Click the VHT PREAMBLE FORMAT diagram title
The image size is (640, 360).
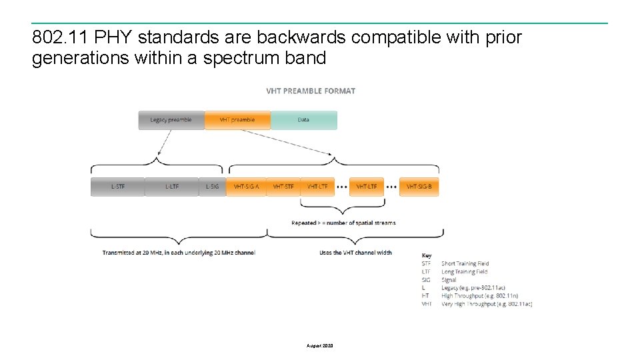tap(311, 91)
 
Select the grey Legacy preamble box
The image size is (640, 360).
tap(171, 120)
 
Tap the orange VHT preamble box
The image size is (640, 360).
tap(237, 120)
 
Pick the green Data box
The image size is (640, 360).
tap(304, 120)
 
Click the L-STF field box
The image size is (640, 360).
tap(117, 187)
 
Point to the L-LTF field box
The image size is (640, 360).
tap(171, 187)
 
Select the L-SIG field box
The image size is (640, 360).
tap(212, 187)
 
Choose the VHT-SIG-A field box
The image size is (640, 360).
tap(246, 187)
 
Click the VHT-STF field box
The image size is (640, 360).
tap(283, 187)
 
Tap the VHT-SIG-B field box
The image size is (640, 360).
tap(419, 187)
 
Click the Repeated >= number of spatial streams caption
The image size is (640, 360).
tap(343, 223)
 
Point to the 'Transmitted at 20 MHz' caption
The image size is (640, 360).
tap(179, 253)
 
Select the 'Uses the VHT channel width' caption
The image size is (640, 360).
tap(355, 253)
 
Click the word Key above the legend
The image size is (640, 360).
tap(427, 255)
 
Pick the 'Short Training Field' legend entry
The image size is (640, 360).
tap(465, 264)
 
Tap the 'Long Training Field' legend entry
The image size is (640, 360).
tap(464, 272)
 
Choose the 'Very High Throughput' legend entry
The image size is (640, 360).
tap(486, 304)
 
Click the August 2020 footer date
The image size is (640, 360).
tap(320, 346)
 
